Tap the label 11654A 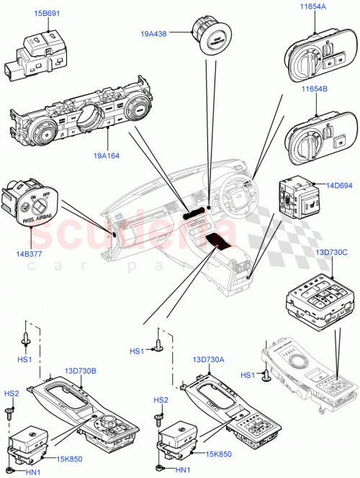coord(312,6)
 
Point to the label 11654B coord(312,89)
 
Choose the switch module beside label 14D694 coord(298,200)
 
